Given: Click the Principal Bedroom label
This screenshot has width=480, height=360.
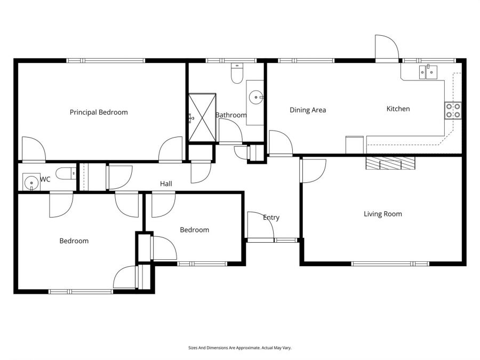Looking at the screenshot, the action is click(99, 113).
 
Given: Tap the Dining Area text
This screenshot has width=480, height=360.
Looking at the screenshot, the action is click(308, 110).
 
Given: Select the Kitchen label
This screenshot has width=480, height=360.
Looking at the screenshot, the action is click(398, 109).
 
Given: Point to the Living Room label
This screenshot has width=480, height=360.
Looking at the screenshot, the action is click(382, 214).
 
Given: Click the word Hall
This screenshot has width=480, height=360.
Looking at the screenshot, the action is click(166, 183).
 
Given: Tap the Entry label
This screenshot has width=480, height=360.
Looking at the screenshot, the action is click(271, 218).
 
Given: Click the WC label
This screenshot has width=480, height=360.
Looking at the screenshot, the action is click(45, 179).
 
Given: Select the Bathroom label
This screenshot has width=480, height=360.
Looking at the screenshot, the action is click(231, 115).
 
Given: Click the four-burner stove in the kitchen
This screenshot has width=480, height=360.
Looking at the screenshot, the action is click(453, 110).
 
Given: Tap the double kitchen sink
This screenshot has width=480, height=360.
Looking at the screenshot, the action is click(428, 72).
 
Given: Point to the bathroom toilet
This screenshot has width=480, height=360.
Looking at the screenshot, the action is click(237, 74).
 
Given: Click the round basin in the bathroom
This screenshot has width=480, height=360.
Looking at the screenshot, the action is click(256, 98).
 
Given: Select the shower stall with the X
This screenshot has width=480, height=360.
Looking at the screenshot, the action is click(202, 118).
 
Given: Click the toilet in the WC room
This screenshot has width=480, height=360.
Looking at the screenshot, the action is click(66, 173).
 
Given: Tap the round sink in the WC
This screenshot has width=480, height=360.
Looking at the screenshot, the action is click(31, 182).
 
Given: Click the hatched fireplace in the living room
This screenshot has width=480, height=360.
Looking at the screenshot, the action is click(390, 163).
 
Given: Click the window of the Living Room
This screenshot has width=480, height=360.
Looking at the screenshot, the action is click(390, 263).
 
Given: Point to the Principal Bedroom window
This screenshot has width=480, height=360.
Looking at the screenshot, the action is click(106, 61).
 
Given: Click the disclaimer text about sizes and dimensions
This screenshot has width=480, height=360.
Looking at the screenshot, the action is click(239, 348).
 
